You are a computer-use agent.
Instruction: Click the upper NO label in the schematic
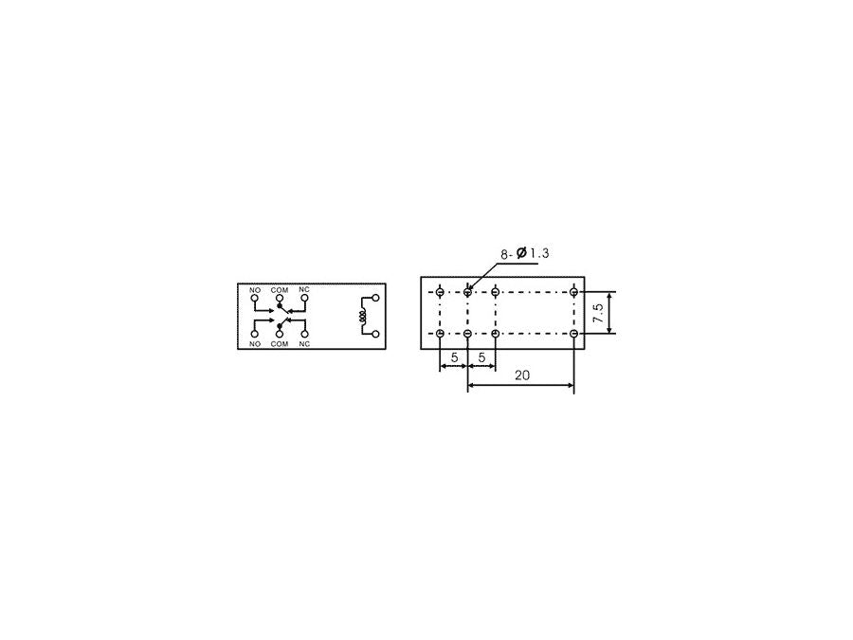pyautogui.click(x=255, y=289)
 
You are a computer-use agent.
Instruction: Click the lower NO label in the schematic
pyautogui.click(x=255, y=344)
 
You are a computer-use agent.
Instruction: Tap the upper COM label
pyautogui.click(x=280, y=289)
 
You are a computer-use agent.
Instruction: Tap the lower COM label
pyautogui.click(x=280, y=344)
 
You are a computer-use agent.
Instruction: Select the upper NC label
pyautogui.click(x=304, y=289)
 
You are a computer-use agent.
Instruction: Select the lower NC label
pyautogui.click(x=304, y=344)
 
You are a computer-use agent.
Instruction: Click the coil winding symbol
pyautogui.click(x=362, y=317)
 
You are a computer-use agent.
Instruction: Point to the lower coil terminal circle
pyautogui.click(x=376, y=334)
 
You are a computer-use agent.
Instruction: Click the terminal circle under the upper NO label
pyautogui.click(x=255, y=299)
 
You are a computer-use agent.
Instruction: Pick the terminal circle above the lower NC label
pyautogui.click(x=304, y=334)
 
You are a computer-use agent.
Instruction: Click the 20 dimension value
pyautogui.click(x=521, y=375)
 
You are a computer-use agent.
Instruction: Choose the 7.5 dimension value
pyautogui.click(x=599, y=314)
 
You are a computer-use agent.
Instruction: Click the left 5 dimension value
pyautogui.click(x=454, y=357)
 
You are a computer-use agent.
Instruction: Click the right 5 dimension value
pyautogui.click(x=481, y=357)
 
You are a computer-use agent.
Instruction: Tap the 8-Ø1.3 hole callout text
pyautogui.click(x=525, y=254)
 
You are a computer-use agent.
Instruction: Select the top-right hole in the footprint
pyautogui.click(x=574, y=292)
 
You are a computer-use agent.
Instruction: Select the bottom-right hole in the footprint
pyautogui.click(x=574, y=334)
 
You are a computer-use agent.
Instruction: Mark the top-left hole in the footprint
pyautogui.click(x=440, y=292)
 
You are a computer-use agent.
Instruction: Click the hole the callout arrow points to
pyautogui.click(x=468, y=292)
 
